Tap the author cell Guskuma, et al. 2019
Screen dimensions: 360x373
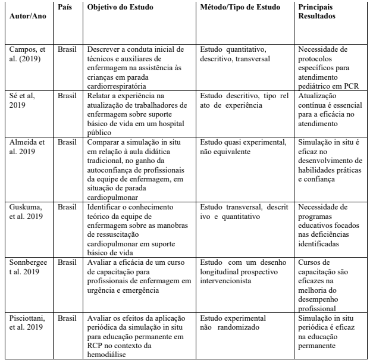coord(27,212)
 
